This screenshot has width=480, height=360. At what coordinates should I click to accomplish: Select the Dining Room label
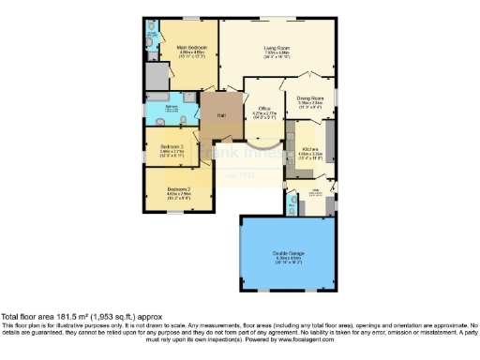[x=310, y=97]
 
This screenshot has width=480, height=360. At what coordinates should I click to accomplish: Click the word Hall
[x=221, y=115]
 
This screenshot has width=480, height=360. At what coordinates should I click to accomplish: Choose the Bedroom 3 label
[x=171, y=147]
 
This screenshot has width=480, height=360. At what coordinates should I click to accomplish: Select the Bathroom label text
[x=172, y=107]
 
